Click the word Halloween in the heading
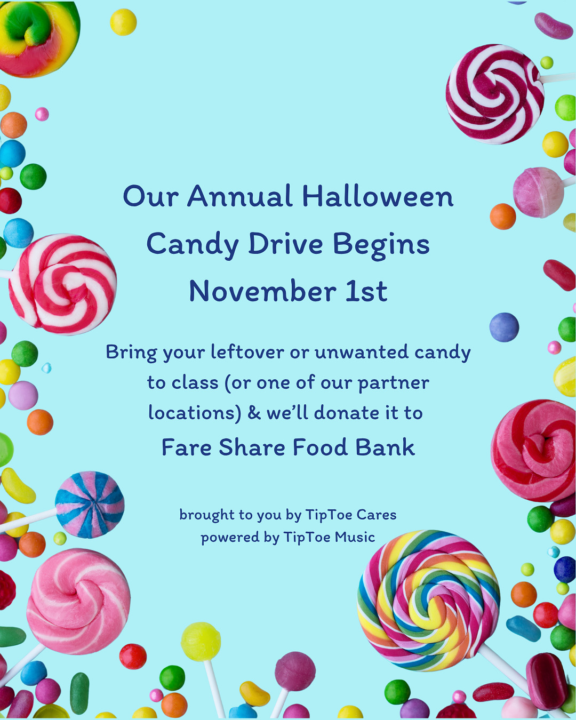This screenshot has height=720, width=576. point(378,196)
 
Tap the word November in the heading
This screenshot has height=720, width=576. point(263,291)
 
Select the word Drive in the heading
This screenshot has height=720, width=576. point(285,244)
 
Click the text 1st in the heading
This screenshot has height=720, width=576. point(366,291)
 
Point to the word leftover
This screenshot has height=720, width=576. point(247,352)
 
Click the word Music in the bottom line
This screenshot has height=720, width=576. point(355,537)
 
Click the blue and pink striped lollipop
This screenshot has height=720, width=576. point(90,505)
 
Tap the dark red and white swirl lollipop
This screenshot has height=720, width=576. point(495,94)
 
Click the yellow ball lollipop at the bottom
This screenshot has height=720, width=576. point(201,642)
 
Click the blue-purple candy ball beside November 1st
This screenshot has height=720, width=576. point(504,327)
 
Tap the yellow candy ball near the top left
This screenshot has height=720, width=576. point(123,22)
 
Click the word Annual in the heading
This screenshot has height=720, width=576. point(239,196)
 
